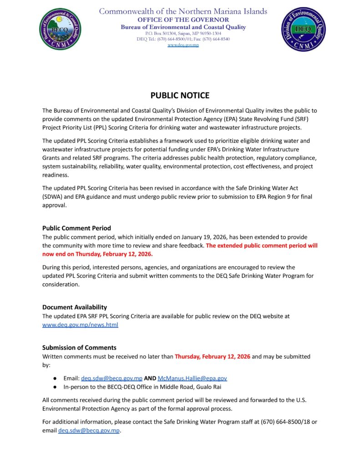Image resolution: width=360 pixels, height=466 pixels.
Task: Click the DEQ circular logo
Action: pos(303,29)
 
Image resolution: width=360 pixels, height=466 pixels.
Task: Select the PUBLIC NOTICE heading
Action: pos(180,96)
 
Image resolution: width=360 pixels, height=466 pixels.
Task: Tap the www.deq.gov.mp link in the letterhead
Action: pos(183,45)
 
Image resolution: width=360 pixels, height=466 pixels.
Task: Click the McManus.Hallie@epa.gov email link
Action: pos(192,378)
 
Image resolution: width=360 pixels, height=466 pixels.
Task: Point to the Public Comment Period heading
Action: pos(76,228)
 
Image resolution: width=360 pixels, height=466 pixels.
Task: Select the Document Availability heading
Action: pos(75,307)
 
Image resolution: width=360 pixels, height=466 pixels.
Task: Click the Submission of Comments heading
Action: pos(79,347)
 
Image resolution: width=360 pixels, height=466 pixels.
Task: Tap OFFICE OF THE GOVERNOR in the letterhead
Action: pos(183,20)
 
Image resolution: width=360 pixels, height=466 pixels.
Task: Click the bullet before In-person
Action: pos(55,387)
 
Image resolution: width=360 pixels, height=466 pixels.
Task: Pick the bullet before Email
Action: pos(55,378)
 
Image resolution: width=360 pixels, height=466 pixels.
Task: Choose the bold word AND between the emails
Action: pos(150,378)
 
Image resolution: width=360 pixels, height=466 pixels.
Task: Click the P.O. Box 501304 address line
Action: pos(183,34)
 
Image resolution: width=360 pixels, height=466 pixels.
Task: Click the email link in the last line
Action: pos(89,431)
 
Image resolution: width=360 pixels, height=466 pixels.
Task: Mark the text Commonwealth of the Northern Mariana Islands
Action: pos(183,11)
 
